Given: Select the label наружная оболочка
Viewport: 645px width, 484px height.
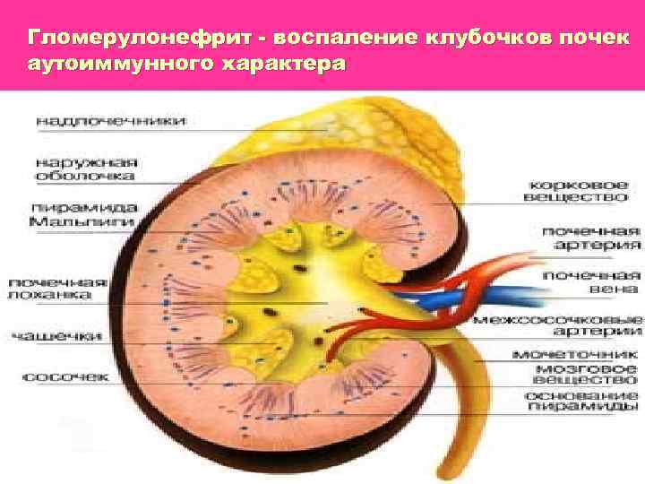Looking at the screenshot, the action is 86,169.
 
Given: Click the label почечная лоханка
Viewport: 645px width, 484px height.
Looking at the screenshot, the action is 58,287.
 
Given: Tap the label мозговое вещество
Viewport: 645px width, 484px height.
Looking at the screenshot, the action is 587,375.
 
